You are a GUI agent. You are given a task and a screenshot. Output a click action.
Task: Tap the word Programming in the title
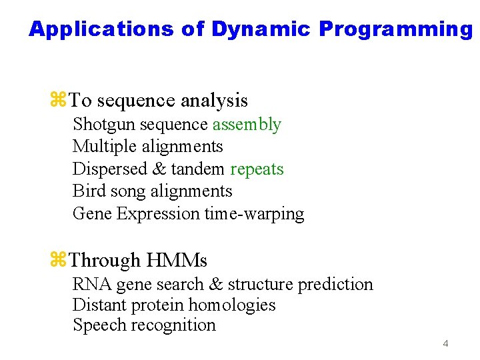(395, 29)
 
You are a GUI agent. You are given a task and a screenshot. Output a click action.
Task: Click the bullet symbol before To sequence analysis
(58, 101)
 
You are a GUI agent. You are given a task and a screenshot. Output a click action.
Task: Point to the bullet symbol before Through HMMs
(58, 260)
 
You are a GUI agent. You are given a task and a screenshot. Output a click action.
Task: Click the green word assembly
(247, 125)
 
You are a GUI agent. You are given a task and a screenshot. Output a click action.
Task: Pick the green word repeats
(257, 169)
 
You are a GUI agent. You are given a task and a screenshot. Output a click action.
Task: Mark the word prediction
(335, 285)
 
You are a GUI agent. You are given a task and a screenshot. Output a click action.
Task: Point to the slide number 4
(445, 344)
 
